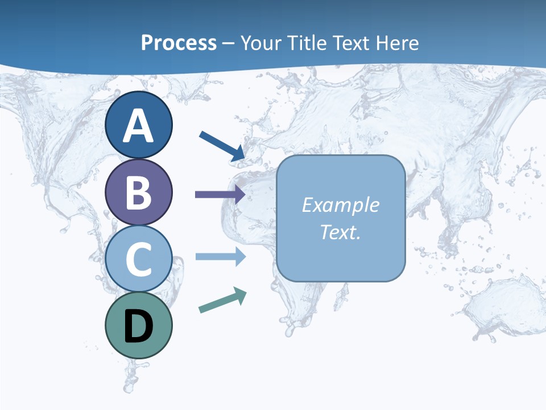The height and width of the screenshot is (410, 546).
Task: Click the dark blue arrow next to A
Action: click(x=222, y=146)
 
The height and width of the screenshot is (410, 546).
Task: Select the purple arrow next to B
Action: click(x=220, y=194)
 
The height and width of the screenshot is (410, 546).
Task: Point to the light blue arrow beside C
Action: click(x=220, y=256)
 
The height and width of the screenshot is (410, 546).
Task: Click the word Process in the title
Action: click(x=179, y=43)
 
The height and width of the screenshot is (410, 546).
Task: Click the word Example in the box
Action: click(x=340, y=205)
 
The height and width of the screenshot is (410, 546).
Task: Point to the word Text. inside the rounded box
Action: click(x=340, y=232)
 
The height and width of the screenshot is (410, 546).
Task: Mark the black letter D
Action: click(x=138, y=326)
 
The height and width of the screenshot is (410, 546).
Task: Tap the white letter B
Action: click(x=138, y=192)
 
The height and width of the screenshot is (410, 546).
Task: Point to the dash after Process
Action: click(x=229, y=44)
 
